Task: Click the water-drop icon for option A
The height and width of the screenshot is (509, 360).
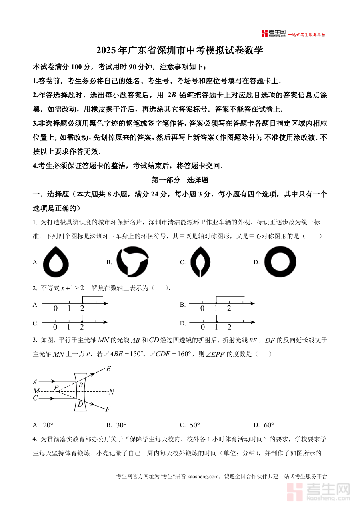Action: tap(56, 262)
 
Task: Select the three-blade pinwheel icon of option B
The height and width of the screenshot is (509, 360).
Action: tap(132, 262)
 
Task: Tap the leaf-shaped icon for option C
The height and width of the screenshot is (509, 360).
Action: tap(200, 262)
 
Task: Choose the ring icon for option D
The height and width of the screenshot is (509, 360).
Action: tap(280, 262)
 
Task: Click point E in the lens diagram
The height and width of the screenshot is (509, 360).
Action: tap(108, 369)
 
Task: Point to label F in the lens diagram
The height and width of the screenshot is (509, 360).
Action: tap(108, 409)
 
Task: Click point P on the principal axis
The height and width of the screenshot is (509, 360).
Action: tap(56, 387)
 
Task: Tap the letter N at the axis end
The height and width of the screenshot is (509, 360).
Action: tap(111, 392)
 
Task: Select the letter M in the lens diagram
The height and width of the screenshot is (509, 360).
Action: tap(36, 391)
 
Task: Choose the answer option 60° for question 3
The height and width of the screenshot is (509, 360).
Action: tap(269, 425)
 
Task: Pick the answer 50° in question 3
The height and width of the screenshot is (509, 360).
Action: tap(195, 425)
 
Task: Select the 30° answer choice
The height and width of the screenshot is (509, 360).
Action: tap(121, 425)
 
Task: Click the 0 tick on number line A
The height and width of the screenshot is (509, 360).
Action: tap(56, 309)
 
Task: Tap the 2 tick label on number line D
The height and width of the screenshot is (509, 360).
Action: tap(229, 327)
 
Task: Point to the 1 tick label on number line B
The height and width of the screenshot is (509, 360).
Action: tap(216, 309)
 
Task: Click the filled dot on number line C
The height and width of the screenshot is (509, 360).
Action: tap(82, 322)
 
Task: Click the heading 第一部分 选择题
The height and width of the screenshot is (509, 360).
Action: tap(180, 180)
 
